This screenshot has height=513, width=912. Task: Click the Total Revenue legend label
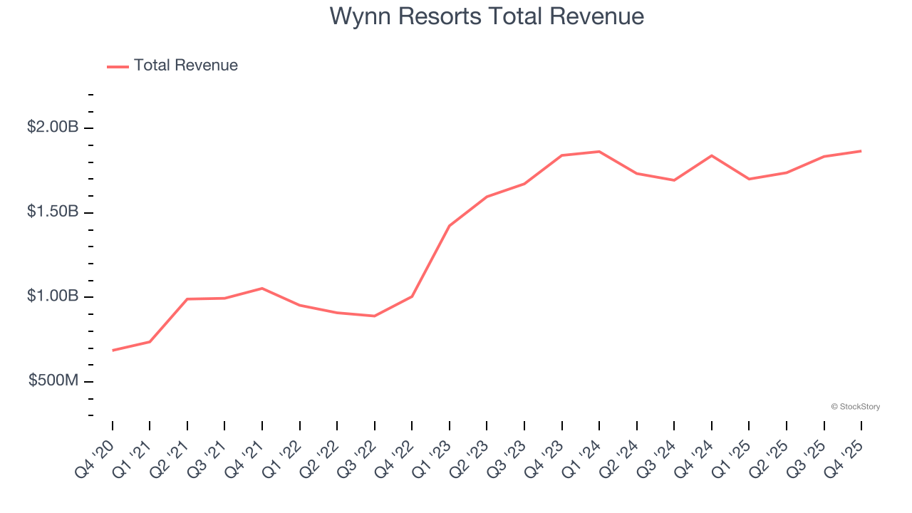(185, 66)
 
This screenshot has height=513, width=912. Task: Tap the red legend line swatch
(118, 66)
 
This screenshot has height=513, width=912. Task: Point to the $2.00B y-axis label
(53, 128)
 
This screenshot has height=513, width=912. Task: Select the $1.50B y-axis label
(53, 212)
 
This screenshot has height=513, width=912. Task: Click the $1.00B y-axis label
(53, 296)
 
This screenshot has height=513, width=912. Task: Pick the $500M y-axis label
(53, 381)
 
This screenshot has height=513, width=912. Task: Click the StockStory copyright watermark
(855, 407)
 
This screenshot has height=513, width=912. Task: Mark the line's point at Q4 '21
(262, 289)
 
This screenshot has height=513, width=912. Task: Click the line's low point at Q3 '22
(375, 316)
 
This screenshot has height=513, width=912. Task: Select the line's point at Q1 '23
(450, 226)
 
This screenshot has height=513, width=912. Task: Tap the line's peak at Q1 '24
(599, 152)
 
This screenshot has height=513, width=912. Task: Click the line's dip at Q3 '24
(674, 180)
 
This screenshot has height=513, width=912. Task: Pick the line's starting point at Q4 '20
(113, 351)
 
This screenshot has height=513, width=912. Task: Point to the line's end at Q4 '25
(861, 151)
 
